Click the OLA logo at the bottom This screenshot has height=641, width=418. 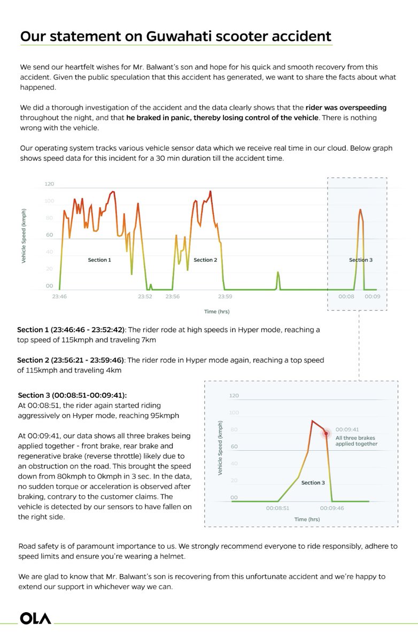tap(36, 618)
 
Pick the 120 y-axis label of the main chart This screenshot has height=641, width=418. tap(50, 184)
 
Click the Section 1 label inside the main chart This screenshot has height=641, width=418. tap(99, 260)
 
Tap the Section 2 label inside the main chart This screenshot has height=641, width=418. tap(205, 260)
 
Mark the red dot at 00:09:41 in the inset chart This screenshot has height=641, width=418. tap(325, 433)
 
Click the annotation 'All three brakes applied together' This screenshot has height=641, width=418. tap(356, 440)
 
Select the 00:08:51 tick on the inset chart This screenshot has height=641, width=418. tap(277, 508)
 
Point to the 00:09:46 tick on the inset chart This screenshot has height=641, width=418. tap(332, 508)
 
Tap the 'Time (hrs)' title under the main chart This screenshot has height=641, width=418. tap(217, 311)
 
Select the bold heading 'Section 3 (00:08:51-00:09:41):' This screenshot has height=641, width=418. tap(72, 395)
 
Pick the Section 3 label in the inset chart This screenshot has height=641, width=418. tap(313, 483)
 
